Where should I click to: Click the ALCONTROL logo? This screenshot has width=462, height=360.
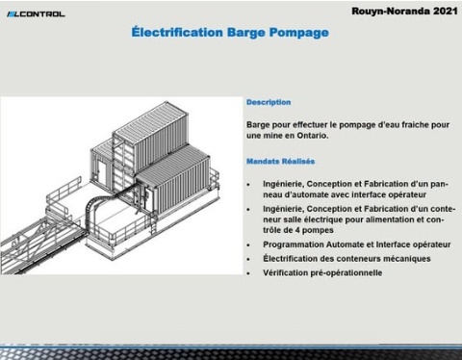point(36,13)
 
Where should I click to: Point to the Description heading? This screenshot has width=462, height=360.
point(269,102)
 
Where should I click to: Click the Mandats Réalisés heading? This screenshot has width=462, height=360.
point(282,161)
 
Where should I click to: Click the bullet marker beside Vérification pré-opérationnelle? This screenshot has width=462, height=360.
point(249,272)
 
